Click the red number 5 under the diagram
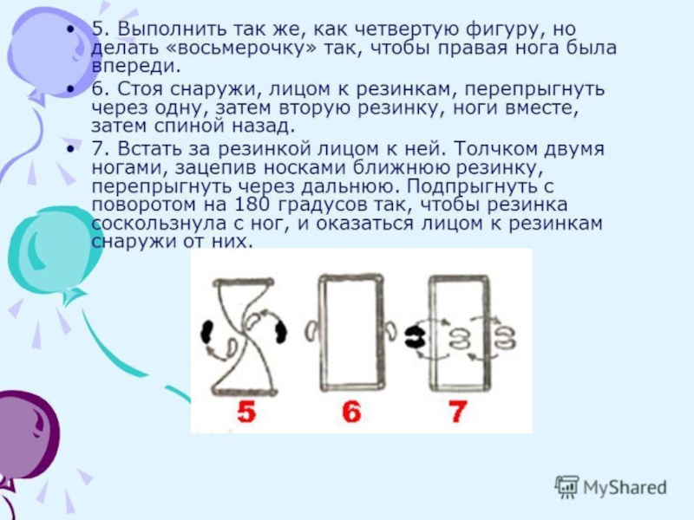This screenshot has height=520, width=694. tap(246, 413)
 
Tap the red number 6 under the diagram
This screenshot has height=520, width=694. tap(352, 413)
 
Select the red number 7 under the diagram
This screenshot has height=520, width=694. tap(458, 413)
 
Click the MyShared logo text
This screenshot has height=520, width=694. tap(625, 487)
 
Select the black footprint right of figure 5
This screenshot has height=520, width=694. tap(280, 332)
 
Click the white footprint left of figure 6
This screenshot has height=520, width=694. tap(311, 331)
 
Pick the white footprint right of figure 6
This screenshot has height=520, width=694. tap(391, 330)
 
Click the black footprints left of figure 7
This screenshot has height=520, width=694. tap(416, 338)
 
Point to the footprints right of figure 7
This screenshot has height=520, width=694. tap(505, 338)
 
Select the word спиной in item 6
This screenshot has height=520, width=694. tap(192, 127)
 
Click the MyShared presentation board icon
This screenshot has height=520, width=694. tap(567, 487)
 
